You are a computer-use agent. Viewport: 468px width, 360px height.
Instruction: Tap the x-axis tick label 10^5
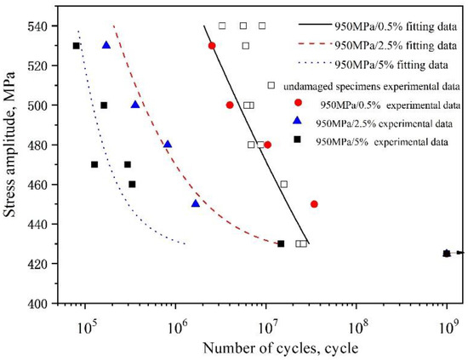coord(86,321)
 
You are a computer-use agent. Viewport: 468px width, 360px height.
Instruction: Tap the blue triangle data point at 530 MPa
coord(106,45)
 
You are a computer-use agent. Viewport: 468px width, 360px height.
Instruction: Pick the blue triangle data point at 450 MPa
coord(196,203)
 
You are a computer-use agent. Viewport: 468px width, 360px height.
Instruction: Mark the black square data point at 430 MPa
coord(281,244)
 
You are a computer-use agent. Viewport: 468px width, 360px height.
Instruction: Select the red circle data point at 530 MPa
coord(212,45)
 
